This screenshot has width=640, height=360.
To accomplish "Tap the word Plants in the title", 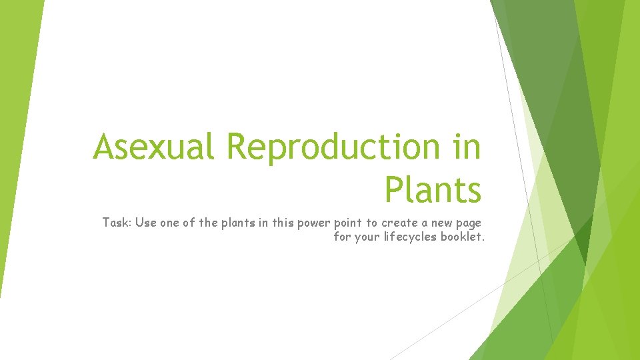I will pyautogui.click(x=433, y=190).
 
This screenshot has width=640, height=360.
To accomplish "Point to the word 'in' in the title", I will pyautogui.click(x=466, y=147).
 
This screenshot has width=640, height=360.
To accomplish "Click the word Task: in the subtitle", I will pyautogui.click(x=117, y=223).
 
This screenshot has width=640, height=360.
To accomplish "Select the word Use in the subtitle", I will pyautogui.click(x=146, y=223).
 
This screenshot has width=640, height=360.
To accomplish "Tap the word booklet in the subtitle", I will pyautogui.click(x=461, y=237).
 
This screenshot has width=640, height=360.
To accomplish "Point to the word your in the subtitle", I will pyautogui.click(x=369, y=237).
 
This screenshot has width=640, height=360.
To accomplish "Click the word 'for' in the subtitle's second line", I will pyautogui.click(x=341, y=237).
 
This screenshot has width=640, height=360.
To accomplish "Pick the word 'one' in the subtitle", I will pyautogui.click(x=171, y=223).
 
